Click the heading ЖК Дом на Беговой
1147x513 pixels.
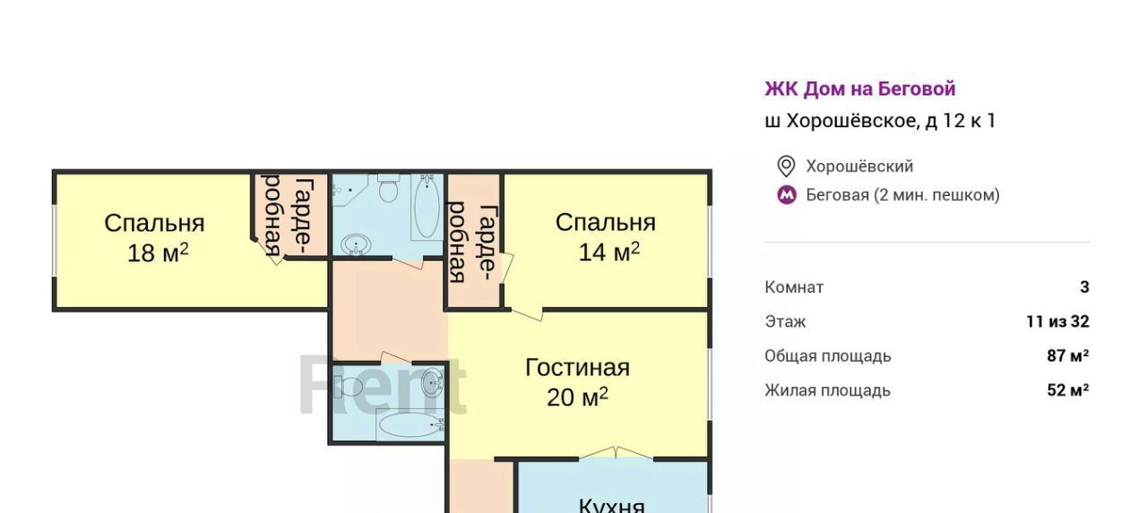pyautogui.click(x=860, y=89)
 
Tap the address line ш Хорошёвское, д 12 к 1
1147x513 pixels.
pyautogui.click(x=880, y=121)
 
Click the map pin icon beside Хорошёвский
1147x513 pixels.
pyautogui.click(x=786, y=167)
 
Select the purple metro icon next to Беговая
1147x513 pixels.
pyautogui.click(x=787, y=195)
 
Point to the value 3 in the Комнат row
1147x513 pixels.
pyautogui.click(x=1084, y=286)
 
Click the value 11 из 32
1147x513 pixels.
pyautogui.click(x=1058, y=321)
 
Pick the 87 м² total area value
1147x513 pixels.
pyautogui.click(x=1068, y=355)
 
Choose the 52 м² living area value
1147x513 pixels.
pyautogui.click(x=1068, y=390)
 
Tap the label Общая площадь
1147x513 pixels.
pyautogui.click(x=828, y=356)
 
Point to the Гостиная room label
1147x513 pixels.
pyautogui.click(x=578, y=368)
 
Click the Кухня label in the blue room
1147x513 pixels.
pyautogui.click(x=611, y=505)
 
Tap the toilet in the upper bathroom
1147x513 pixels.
pyautogui.click(x=389, y=188)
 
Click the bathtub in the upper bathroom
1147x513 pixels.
pyautogui.click(x=427, y=207)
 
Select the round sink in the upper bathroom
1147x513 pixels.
pyautogui.click(x=356, y=244)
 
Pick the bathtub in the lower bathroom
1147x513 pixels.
pyautogui.click(x=410, y=426)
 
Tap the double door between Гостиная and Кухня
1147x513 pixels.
pyautogui.click(x=616, y=453)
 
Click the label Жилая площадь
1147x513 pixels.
pyautogui.click(x=828, y=390)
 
